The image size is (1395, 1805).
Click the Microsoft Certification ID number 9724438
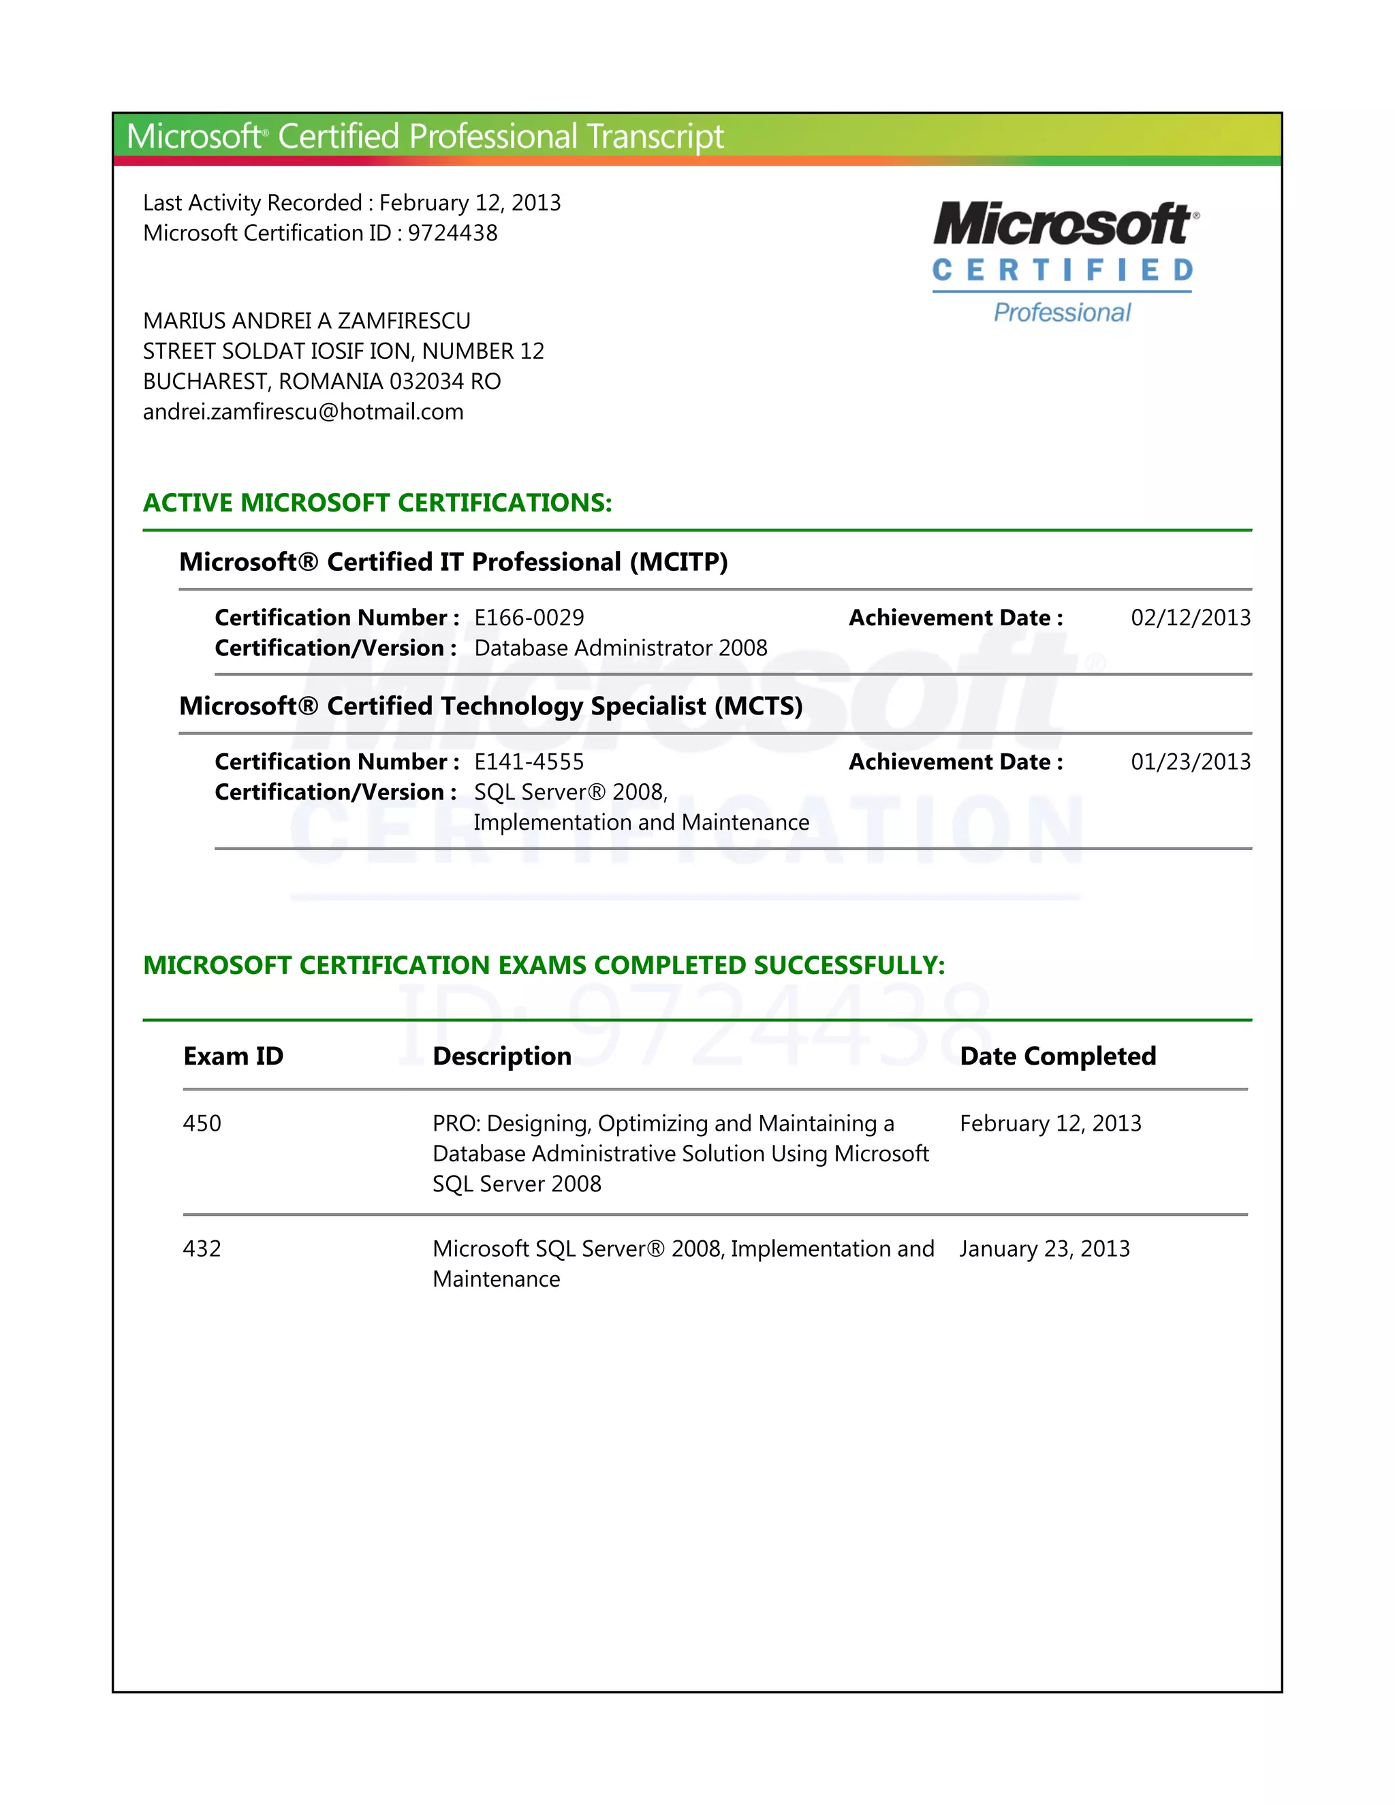[x=453, y=233]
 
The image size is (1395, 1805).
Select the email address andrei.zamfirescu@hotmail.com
[x=303, y=411]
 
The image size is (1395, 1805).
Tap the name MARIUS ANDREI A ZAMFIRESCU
[x=307, y=321]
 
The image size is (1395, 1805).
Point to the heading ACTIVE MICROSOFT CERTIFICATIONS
[x=377, y=503]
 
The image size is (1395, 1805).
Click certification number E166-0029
[x=529, y=617]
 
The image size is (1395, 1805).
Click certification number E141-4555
[x=529, y=762]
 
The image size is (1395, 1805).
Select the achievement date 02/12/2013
[x=1190, y=617]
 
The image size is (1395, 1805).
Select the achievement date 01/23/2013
[x=1190, y=762]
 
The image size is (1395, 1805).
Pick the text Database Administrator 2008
[x=621, y=648]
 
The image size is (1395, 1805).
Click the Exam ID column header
[x=233, y=1056]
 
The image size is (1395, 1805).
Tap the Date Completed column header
[x=1058, y=1056]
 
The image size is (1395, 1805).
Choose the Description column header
[x=501, y=1056]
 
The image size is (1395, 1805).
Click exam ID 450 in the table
[x=202, y=1123]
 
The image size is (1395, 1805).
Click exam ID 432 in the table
[x=202, y=1248]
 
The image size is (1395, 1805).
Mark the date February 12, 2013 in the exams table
[x=1050, y=1123]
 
